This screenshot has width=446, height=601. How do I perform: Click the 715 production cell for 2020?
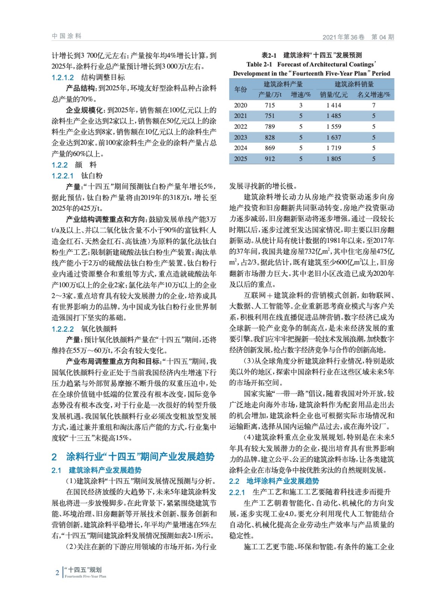270,105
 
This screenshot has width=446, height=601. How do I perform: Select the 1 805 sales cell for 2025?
334,159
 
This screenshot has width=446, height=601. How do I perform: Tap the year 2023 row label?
240,137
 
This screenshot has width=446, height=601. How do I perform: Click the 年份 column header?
240,89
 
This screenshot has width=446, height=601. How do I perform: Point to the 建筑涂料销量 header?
354,84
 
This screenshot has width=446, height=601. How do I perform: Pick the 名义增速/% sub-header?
373,95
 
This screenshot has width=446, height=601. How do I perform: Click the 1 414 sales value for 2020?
334,105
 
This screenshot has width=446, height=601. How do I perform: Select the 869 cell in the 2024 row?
270,148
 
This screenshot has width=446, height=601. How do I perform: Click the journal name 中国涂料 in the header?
67,36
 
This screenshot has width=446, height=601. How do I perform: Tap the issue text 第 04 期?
383,37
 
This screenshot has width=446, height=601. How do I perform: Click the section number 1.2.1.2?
63,77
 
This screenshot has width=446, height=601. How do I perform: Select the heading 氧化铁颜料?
99,329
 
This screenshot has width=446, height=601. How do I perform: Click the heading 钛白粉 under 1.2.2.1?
92,175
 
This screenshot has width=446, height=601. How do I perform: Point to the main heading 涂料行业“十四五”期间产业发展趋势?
140,456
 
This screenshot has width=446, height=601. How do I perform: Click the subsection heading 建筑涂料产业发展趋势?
105,470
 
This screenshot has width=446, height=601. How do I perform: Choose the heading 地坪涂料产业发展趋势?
283,481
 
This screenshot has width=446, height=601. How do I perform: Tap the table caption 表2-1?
269,55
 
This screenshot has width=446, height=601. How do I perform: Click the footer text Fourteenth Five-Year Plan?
85,576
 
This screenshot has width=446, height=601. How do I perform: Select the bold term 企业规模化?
84,110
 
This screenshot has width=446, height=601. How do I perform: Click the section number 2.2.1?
237,492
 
